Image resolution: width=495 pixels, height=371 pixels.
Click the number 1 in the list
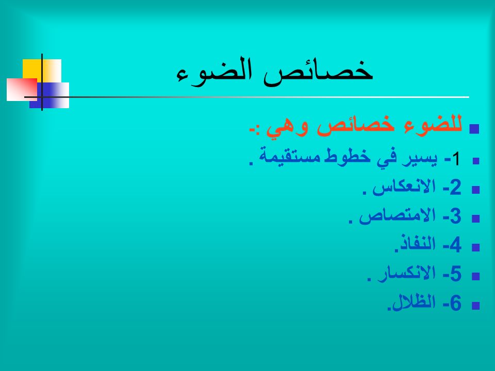456,159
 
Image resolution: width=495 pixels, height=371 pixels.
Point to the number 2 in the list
455,188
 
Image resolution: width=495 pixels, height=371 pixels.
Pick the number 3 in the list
455,216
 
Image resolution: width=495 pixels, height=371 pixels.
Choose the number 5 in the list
455,274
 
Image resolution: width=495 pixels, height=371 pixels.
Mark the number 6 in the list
455,303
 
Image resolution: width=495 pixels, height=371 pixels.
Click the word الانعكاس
404,187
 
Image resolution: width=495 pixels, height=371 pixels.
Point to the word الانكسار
407,274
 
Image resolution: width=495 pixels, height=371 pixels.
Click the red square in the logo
22,90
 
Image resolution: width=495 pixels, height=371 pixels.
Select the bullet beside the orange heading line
474,129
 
